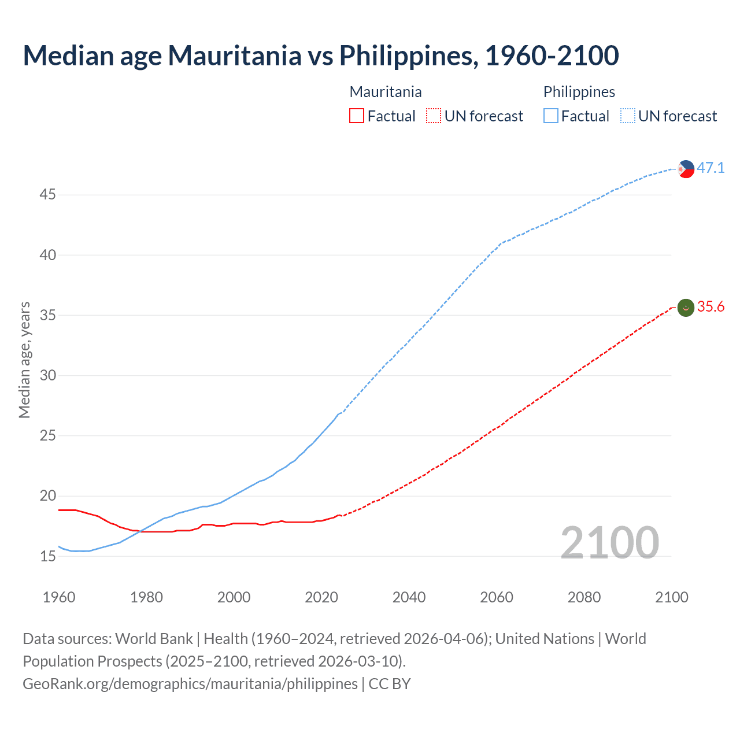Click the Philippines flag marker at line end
(x=686, y=169)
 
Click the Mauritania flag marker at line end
(x=686, y=308)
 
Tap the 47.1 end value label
(x=711, y=168)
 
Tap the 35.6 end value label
(x=711, y=307)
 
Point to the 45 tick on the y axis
(x=47, y=195)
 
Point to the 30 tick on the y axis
(x=47, y=376)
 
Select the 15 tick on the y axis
(x=47, y=557)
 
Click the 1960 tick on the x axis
(x=59, y=597)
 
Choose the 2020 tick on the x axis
(x=321, y=597)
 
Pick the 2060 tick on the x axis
(x=497, y=597)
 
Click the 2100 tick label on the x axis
(x=672, y=597)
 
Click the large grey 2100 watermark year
(x=609, y=543)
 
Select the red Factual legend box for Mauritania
(x=357, y=116)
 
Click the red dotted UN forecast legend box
(x=434, y=116)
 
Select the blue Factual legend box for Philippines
(x=550, y=116)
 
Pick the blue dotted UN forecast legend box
(x=627, y=116)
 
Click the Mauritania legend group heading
(x=386, y=92)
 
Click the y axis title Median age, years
(x=24, y=360)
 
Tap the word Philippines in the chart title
(x=408, y=56)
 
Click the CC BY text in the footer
(x=390, y=684)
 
